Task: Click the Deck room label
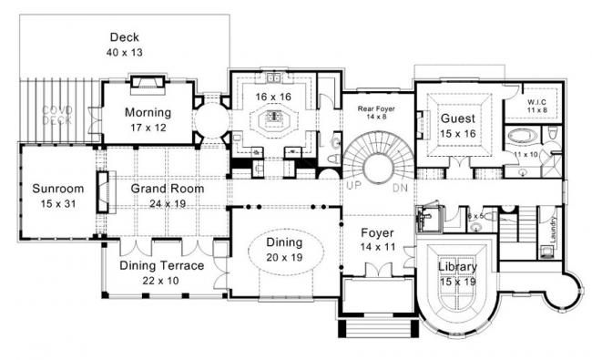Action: (x=124, y=37)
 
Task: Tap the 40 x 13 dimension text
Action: (x=124, y=53)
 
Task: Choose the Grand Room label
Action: (x=167, y=189)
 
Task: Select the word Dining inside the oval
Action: (x=284, y=242)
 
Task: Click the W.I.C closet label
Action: (x=534, y=101)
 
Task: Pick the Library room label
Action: (x=458, y=267)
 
